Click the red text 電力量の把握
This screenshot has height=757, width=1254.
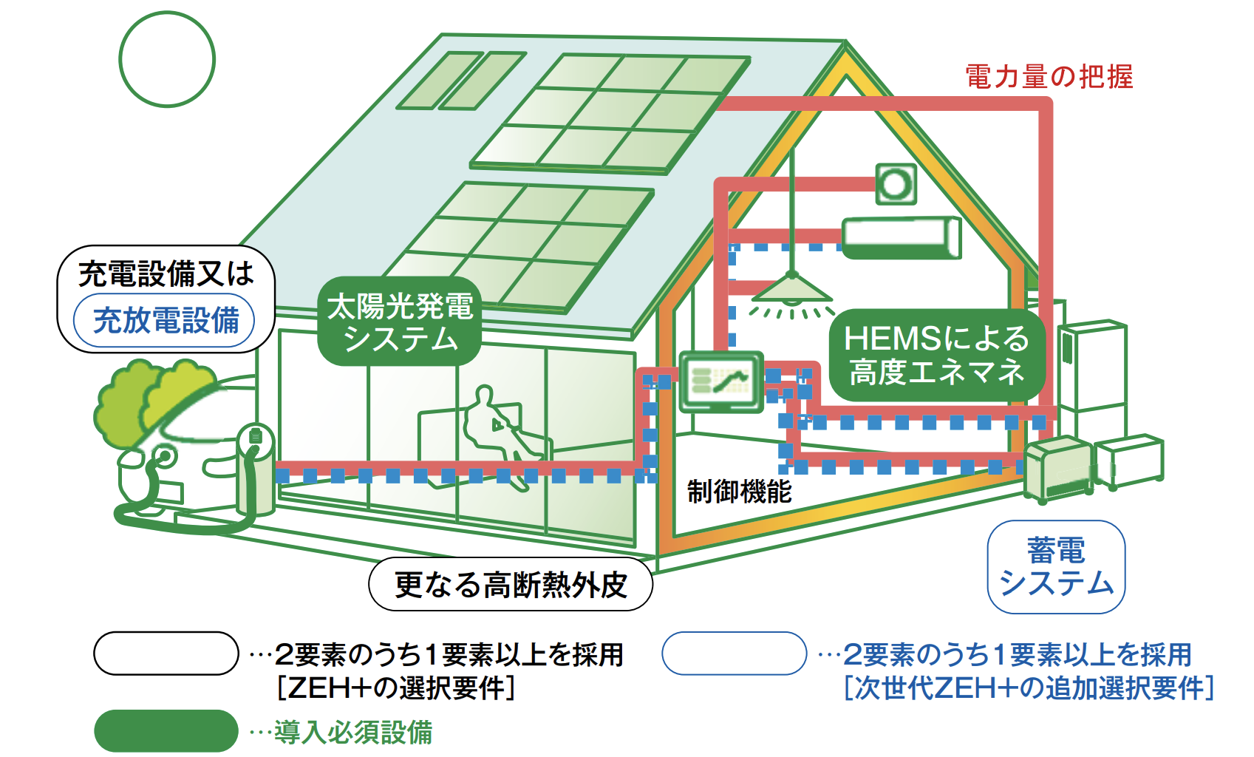tap(1049, 77)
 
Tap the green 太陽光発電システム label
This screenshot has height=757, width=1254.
tap(400, 322)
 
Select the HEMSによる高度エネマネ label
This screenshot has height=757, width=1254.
tap(936, 356)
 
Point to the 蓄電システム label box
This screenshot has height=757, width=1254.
tap(1056, 567)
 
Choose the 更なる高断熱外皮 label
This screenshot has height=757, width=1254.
tap(511, 585)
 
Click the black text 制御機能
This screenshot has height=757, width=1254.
tap(739, 491)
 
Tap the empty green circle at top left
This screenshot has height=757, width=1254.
tap(167, 59)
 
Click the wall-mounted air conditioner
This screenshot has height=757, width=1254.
tap(902, 237)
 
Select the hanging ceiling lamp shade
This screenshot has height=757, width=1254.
tap(791, 290)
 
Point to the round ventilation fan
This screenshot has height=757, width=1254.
tap(896, 183)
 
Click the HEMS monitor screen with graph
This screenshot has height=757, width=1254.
tap(720, 381)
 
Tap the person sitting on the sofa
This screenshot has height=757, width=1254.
tap(491, 425)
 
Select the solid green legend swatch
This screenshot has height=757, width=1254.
tap(166, 731)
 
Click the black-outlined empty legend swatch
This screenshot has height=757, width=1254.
tap(166, 654)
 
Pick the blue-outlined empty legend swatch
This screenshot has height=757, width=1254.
tap(734, 654)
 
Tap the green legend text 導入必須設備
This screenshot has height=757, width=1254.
tap(353, 732)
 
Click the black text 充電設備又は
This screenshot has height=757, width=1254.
tap(166, 274)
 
